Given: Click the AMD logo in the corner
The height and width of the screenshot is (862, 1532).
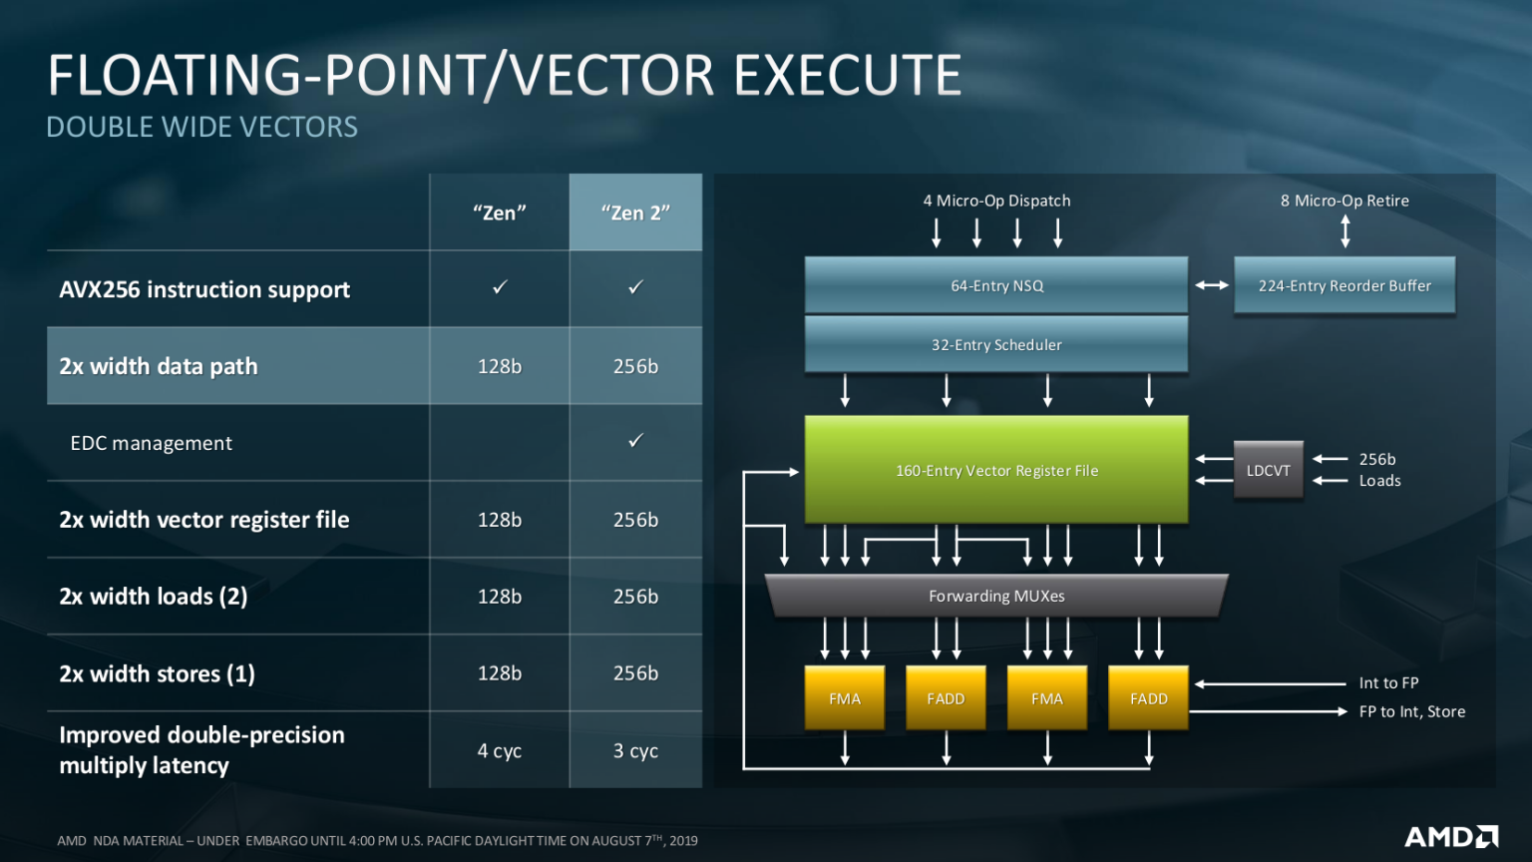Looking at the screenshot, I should point(1451,836).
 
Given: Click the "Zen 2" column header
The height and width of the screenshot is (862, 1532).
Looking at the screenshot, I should point(635,213).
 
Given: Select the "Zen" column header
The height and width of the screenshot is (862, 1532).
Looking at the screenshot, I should point(499,213).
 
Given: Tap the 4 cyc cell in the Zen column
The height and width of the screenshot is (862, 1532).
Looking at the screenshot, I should point(499,750).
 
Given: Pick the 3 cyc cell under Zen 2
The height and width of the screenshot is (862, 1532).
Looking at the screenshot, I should point(635,750).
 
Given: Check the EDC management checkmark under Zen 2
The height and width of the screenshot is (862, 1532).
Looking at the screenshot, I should point(635,440).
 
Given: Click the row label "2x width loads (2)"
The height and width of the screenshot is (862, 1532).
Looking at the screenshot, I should point(154,597).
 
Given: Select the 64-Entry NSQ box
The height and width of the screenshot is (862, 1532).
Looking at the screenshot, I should point(995,285).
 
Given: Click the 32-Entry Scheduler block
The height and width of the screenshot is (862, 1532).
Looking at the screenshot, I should point(995,344).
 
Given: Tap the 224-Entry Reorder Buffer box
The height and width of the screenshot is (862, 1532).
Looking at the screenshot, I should point(1343,285).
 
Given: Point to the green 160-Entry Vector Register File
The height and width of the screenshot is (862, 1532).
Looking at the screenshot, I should point(995,470).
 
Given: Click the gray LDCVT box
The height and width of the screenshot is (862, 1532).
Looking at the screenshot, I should point(1268,470).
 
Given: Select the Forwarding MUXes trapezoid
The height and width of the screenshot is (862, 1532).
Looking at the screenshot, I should point(995,596).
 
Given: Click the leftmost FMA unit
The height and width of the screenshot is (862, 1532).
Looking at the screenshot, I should point(844,698).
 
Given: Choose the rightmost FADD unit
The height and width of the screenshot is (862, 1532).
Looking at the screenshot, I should point(1148,698).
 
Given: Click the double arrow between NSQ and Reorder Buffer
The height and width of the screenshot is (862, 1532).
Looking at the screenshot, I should point(1212,285).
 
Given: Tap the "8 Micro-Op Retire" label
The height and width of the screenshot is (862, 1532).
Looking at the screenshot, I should point(1344,201).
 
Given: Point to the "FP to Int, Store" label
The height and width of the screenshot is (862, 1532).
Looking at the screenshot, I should point(1411,711).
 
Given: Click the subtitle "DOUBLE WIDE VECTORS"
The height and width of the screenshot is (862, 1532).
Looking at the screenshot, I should point(201,128).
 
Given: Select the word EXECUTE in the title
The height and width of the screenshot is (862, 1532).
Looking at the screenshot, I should point(848,76).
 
